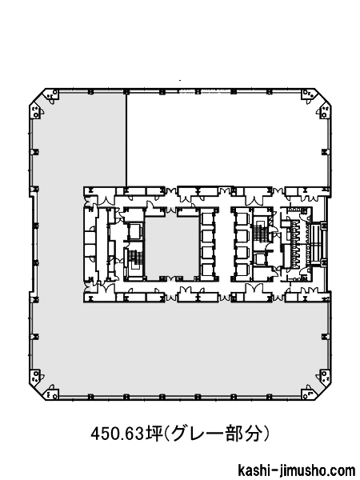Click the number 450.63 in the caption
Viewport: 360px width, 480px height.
pyautogui.click(x=118, y=433)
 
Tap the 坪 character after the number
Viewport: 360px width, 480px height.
pyautogui.click(x=153, y=433)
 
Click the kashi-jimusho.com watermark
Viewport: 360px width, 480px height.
pyautogui.click(x=296, y=470)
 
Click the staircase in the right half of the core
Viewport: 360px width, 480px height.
pyautogui.click(x=260, y=234)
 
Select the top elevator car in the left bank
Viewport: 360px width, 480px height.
pyautogui.click(x=207, y=220)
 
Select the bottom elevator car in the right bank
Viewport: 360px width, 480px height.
pyautogui.click(x=242, y=270)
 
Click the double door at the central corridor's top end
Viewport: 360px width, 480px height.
pyautogui.click(x=225, y=192)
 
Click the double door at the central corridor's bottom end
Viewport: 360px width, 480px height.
pyautogui.click(x=225, y=296)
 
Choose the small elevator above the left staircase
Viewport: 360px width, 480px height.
pyautogui.click(x=134, y=232)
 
